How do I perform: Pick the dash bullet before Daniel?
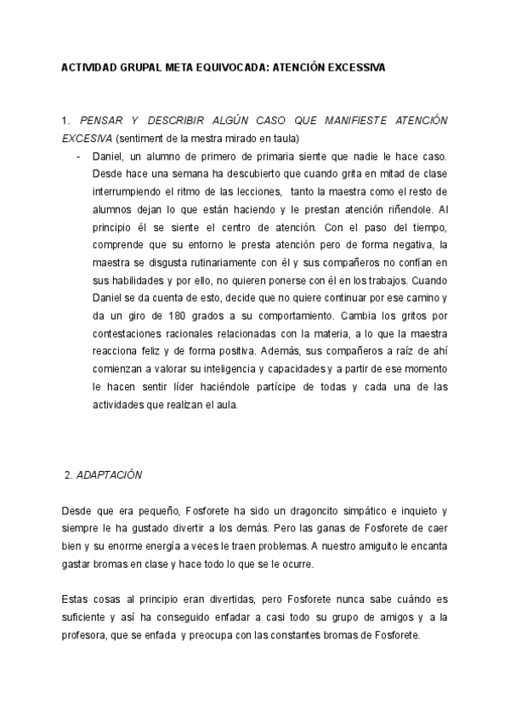79,157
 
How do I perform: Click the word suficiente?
85,617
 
